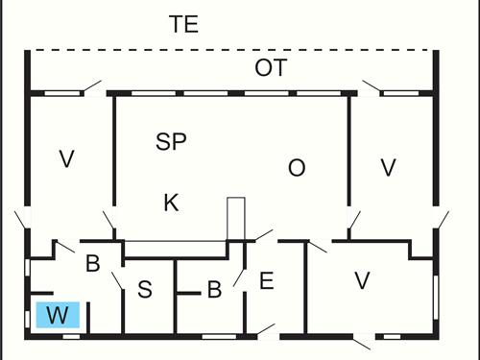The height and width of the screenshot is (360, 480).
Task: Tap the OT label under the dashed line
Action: (x=271, y=68)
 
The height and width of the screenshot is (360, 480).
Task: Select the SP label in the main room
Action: (x=171, y=142)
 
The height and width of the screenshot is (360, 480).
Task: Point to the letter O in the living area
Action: (x=297, y=168)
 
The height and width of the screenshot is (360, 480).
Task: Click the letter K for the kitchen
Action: (x=171, y=203)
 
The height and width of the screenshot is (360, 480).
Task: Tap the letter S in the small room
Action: (x=144, y=289)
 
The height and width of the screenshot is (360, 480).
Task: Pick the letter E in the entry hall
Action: (x=267, y=281)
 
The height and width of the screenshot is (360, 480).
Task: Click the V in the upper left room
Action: (x=66, y=159)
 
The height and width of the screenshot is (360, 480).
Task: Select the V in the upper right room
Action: (x=388, y=167)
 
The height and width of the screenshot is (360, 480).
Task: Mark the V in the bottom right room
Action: (x=362, y=280)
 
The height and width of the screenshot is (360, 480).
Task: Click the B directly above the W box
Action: (x=93, y=263)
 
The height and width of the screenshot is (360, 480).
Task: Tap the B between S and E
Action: (x=214, y=288)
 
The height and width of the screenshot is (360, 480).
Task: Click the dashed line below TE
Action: (x=230, y=50)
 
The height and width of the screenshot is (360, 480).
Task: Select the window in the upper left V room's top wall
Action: (x=63, y=93)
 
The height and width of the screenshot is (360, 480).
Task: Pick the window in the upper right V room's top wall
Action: (x=401, y=93)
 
